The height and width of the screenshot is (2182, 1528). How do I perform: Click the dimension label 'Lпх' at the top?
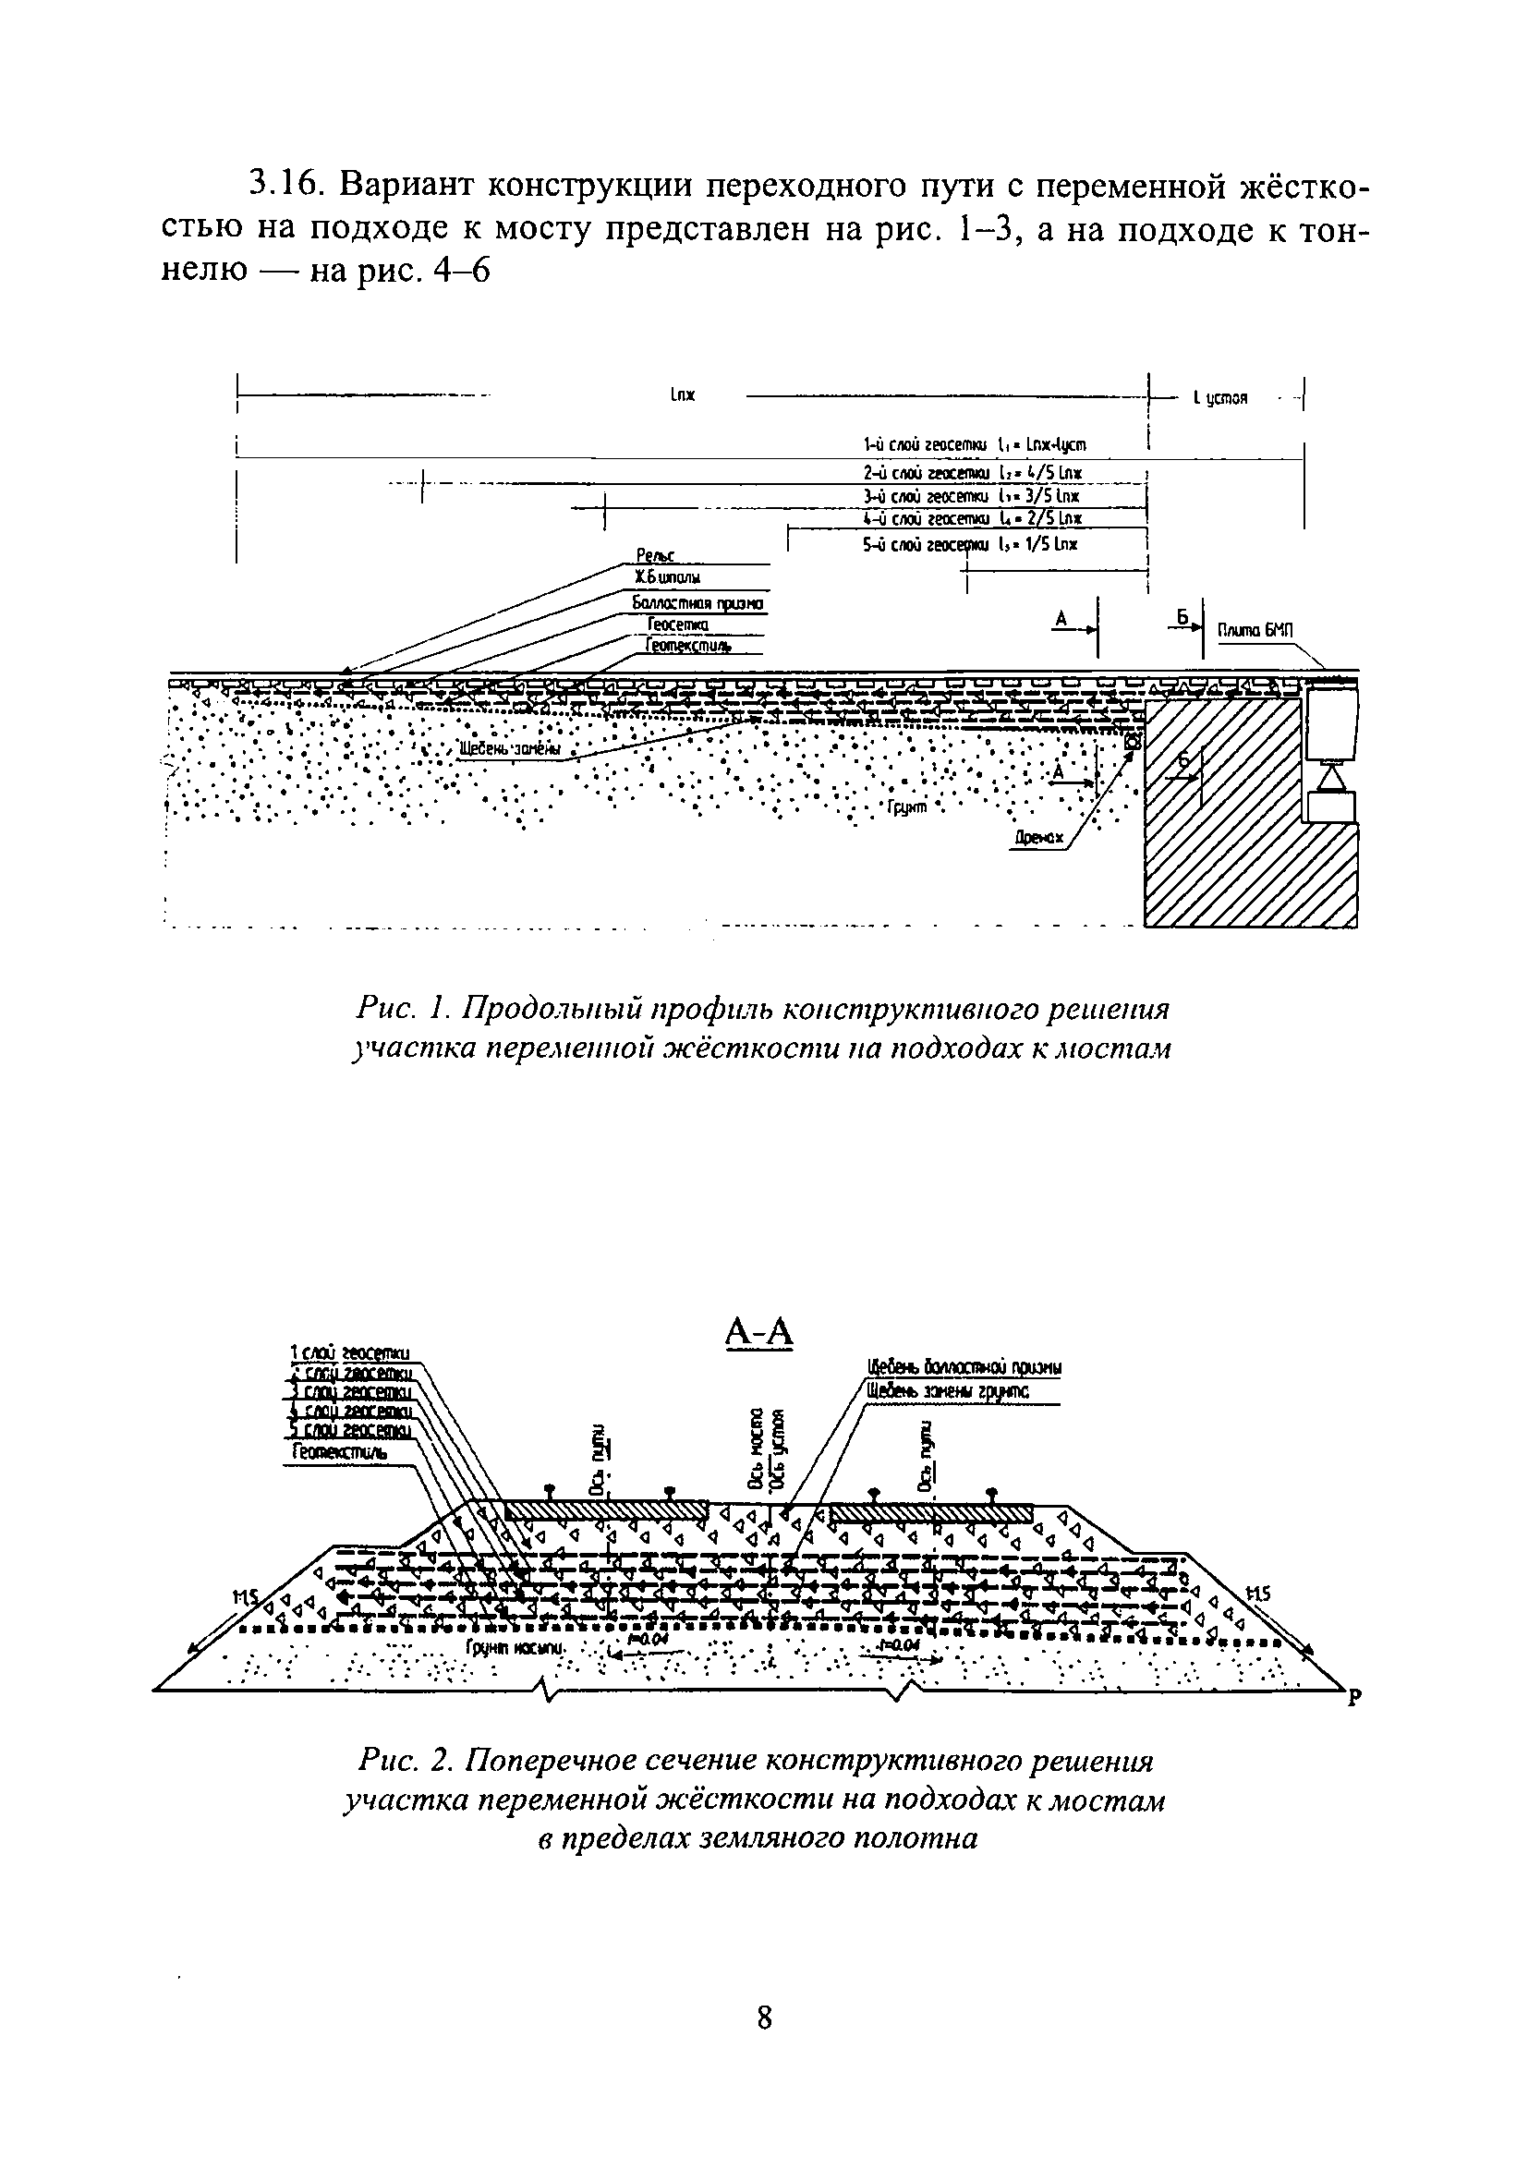coord(683,394)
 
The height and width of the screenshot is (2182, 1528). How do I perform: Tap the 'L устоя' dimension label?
coord(1219,399)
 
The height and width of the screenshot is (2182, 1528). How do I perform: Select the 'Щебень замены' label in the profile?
coord(509,750)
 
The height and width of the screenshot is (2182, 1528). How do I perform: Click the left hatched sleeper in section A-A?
coord(605,1509)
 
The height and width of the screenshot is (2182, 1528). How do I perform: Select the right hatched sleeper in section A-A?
coord(931,1511)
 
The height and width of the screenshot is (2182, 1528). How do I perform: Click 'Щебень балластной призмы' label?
coord(964,1367)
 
